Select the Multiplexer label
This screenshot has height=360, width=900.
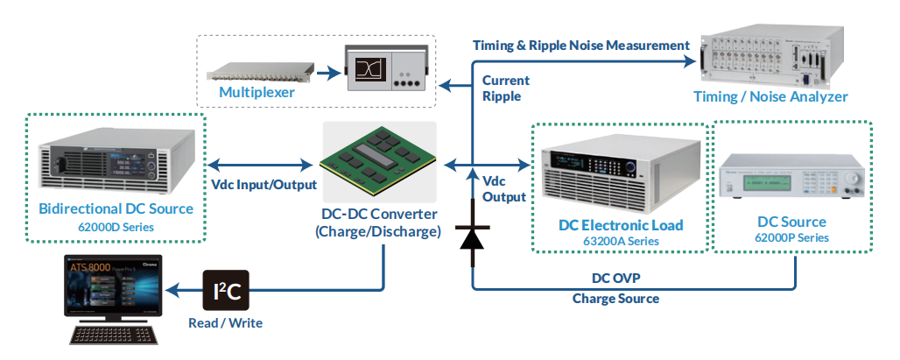coord(257,92)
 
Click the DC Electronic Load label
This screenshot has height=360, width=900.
coord(621,225)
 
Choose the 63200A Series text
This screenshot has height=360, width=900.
coord(621,241)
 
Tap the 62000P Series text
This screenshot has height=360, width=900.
coord(792,237)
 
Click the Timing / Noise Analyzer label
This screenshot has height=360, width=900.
coord(770,96)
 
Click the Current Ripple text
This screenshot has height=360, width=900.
coord(506,88)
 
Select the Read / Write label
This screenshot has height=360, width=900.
coord(226,323)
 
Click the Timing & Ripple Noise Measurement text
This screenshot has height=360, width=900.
coord(581,45)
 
